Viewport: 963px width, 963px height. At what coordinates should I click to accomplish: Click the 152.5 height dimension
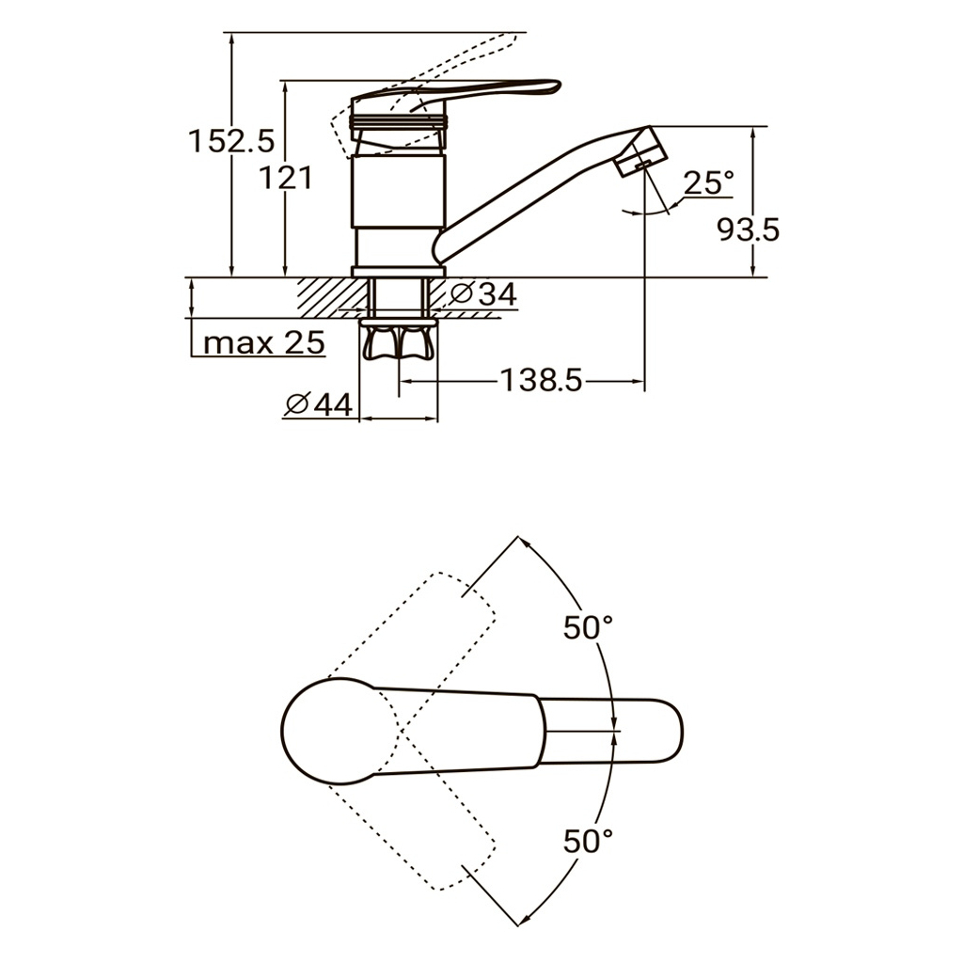[231, 141]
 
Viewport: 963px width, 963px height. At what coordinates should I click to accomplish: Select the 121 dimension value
[286, 179]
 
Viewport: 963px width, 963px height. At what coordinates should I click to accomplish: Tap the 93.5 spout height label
[748, 230]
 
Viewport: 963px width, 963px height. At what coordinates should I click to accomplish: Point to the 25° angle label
[708, 182]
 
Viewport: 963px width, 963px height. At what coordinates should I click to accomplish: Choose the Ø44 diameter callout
[320, 404]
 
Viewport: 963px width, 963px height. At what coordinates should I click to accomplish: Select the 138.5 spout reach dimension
[541, 380]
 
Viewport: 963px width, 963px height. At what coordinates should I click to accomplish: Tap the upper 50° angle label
[588, 627]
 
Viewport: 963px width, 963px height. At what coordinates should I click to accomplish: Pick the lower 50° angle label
[588, 841]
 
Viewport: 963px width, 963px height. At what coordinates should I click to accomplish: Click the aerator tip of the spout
[639, 151]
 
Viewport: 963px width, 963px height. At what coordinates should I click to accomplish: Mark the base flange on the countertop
[399, 272]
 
